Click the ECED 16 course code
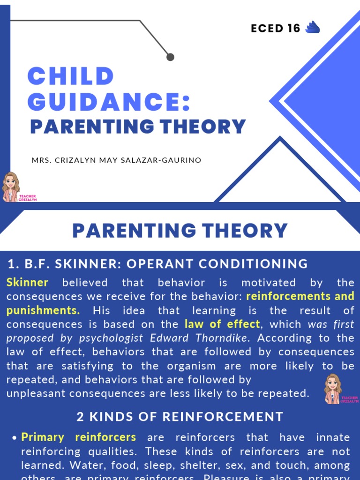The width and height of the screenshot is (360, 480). click(275, 29)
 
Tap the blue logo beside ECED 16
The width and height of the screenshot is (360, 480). click(312, 28)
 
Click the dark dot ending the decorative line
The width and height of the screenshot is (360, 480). click(170, 57)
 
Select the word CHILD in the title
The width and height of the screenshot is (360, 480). click(71, 76)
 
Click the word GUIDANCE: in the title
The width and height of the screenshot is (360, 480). click(109, 102)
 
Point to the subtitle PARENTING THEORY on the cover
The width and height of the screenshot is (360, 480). click(138, 127)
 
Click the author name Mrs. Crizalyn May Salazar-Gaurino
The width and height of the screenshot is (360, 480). click(116, 160)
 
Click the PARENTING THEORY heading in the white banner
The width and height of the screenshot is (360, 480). click(180, 231)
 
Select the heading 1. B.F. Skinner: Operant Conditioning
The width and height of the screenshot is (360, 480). click(157, 264)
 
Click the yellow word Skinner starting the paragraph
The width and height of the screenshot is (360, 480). click(27, 283)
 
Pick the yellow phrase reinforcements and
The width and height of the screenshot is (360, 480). click(300, 296)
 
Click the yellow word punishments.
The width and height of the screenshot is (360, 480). click(43, 310)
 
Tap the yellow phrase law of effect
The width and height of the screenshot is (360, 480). click(222, 324)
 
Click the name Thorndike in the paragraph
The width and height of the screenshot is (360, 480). click(229, 338)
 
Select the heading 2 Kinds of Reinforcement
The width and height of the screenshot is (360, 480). click(180, 416)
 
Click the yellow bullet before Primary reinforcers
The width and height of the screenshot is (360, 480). click(14, 438)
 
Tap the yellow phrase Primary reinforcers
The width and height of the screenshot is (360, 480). click(79, 437)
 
